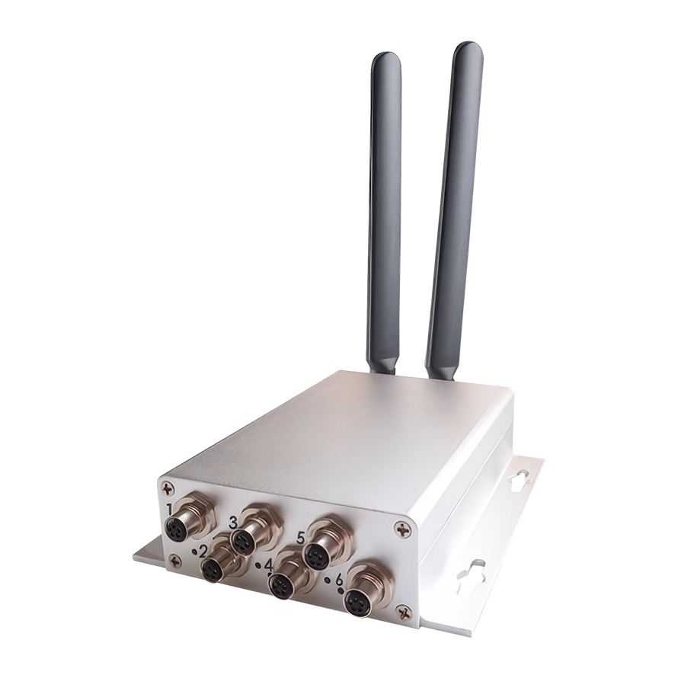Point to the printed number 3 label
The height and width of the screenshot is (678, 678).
[x=234, y=523]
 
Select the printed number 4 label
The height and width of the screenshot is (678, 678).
[x=268, y=566]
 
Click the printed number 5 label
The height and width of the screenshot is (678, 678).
[x=302, y=539]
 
